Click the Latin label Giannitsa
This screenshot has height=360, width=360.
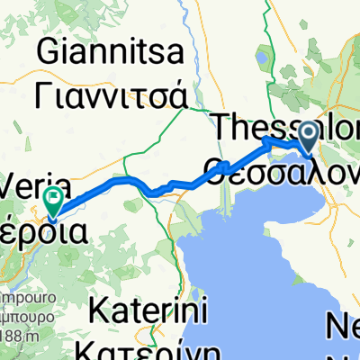[x=111, y=53]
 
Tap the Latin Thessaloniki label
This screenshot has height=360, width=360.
[x=288, y=127]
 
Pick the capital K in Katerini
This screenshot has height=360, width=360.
[x=100, y=315]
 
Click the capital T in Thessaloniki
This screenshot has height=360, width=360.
[x=225, y=127]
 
